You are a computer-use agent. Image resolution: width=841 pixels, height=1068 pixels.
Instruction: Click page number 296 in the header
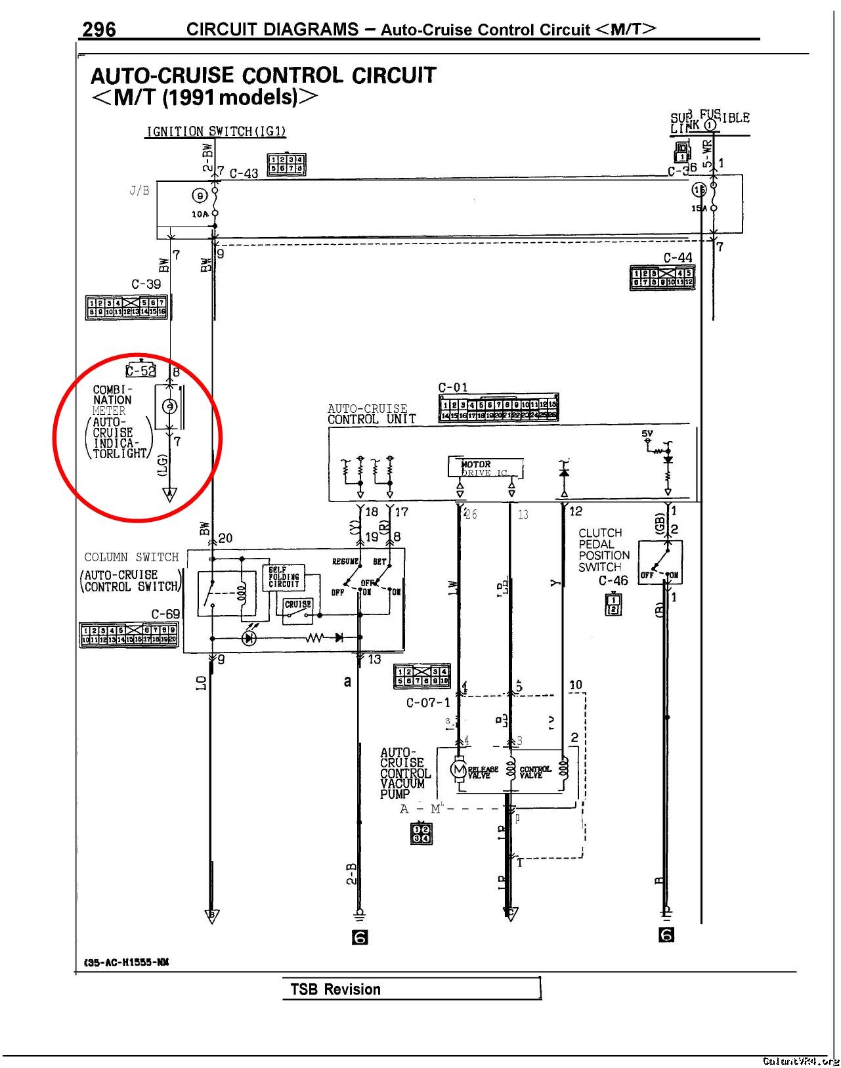pos(99,30)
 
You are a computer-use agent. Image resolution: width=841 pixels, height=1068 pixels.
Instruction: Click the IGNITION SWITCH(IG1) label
pos(216,131)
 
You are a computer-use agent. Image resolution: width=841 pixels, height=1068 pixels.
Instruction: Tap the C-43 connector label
pos(244,174)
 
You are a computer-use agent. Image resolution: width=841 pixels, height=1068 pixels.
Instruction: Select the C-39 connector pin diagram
pos(127,307)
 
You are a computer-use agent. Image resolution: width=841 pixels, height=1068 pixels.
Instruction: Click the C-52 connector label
pos(140,371)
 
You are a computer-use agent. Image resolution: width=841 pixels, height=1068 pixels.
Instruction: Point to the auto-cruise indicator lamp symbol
pos(169,407)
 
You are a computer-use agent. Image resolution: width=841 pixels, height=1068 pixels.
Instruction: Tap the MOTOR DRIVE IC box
pos(486,468)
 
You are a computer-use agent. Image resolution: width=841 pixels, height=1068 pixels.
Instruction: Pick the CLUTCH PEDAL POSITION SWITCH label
pos(604,550)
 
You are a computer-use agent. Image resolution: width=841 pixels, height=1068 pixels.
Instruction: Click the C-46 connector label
pos(613,581)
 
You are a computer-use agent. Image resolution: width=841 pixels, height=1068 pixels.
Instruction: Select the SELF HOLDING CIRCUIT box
pos(284,577)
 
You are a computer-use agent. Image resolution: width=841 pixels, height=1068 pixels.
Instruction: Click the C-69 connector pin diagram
pos(129,635)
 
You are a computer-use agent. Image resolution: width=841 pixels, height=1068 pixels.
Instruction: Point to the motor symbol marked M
pos(458,769)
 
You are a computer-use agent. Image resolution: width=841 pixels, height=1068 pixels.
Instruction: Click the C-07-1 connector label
pos(428,703)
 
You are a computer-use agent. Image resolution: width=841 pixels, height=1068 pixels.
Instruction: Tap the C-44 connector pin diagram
pos(660,277)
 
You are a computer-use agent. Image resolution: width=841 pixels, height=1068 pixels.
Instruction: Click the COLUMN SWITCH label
pos(131,557)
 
